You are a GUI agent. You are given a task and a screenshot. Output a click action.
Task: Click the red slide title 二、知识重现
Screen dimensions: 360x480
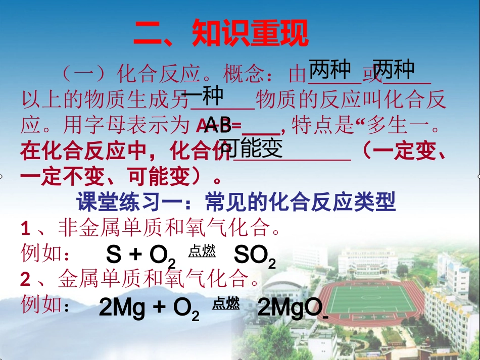click(220, 34)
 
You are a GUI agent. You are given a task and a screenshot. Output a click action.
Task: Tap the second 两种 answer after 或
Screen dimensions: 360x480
click(394, 70)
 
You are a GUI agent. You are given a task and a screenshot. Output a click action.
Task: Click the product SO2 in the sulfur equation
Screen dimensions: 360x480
click(255, 256)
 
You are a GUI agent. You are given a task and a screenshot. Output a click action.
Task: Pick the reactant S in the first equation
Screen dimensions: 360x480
click(114, 256)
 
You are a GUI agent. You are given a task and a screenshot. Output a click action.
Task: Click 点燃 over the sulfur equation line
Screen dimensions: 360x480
click(202, 251)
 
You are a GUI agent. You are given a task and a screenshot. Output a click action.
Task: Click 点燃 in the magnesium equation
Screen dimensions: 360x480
click(226, 303)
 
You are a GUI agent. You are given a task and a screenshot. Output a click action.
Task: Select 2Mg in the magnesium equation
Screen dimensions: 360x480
click(121, 308)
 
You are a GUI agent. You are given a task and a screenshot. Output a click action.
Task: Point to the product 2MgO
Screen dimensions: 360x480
click(290, 307)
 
